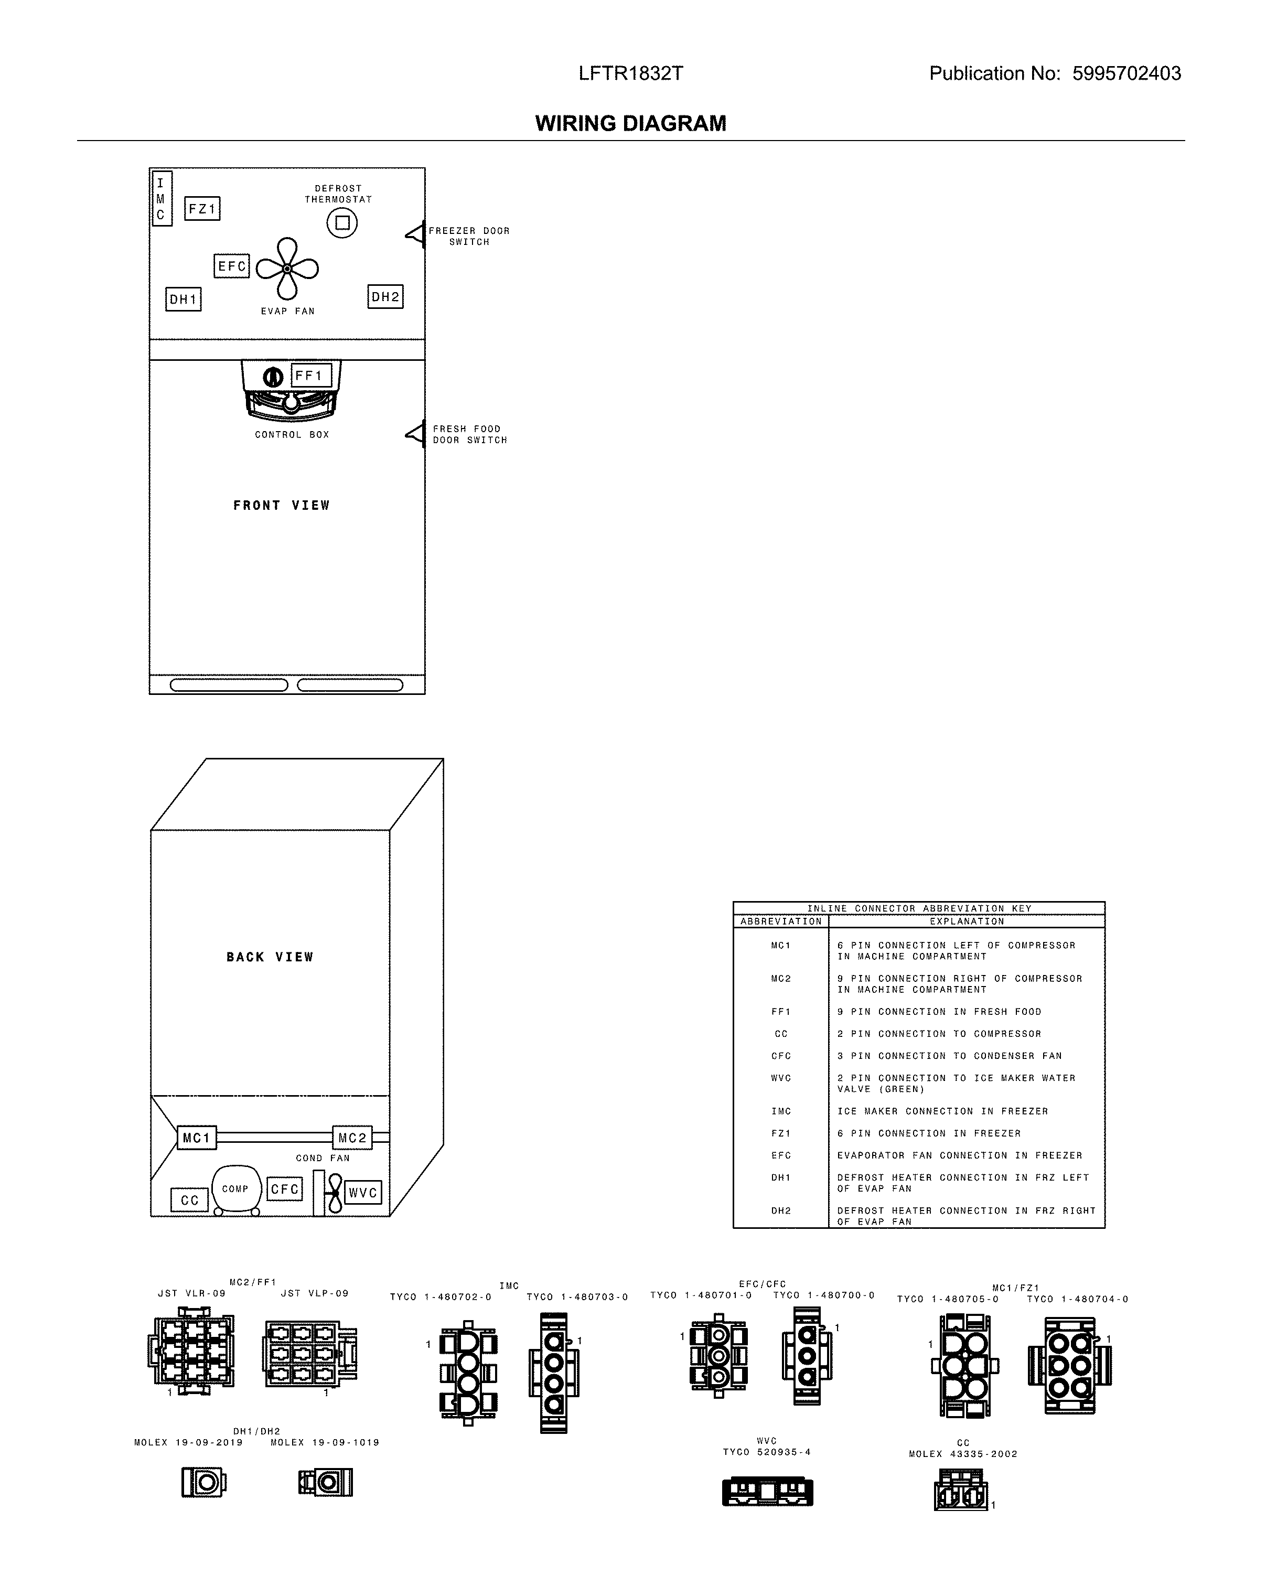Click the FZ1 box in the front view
point(201,209)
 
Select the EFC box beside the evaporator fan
point(232,266)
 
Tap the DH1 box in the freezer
point(184,299)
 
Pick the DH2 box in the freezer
point(385,297)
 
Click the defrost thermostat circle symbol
point(342,223)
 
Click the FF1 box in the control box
point(311,376)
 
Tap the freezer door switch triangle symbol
point(415,234)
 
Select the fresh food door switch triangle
point(415,433)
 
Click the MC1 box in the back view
point(197,1138)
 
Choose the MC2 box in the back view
point(352,1138)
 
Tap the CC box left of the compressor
point(189,1200)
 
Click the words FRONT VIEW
point(281,506)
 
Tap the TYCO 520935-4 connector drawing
point(767,1491)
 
